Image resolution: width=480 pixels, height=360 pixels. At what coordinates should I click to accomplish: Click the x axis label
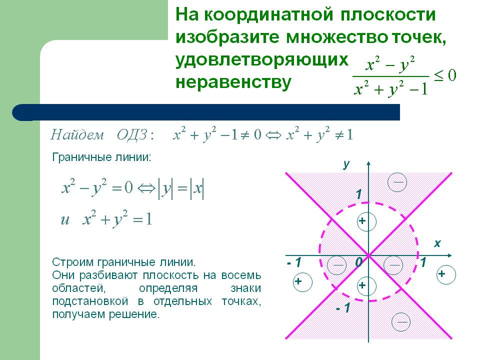[437, 243]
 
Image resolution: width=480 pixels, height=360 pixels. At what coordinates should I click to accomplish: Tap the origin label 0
[358, 262]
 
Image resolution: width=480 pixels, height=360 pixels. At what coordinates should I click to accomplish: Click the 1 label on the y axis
[358, 194]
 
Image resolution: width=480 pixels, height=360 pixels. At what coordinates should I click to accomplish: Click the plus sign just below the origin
[362, 285]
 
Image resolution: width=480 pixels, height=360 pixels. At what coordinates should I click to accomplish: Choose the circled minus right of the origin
[395, 263]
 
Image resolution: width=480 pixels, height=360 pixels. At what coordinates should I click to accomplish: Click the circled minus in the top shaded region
[398, 182]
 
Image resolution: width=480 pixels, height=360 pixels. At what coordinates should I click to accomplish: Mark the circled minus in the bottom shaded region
[401, 321]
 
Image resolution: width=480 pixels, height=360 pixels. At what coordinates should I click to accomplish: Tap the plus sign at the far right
[441, 274]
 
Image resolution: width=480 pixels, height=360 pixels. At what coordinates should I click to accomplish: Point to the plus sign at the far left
[298, 281]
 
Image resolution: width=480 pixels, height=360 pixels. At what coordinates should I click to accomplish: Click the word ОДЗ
[135, 135]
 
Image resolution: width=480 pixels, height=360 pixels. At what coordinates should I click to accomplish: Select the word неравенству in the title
[232, 81]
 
